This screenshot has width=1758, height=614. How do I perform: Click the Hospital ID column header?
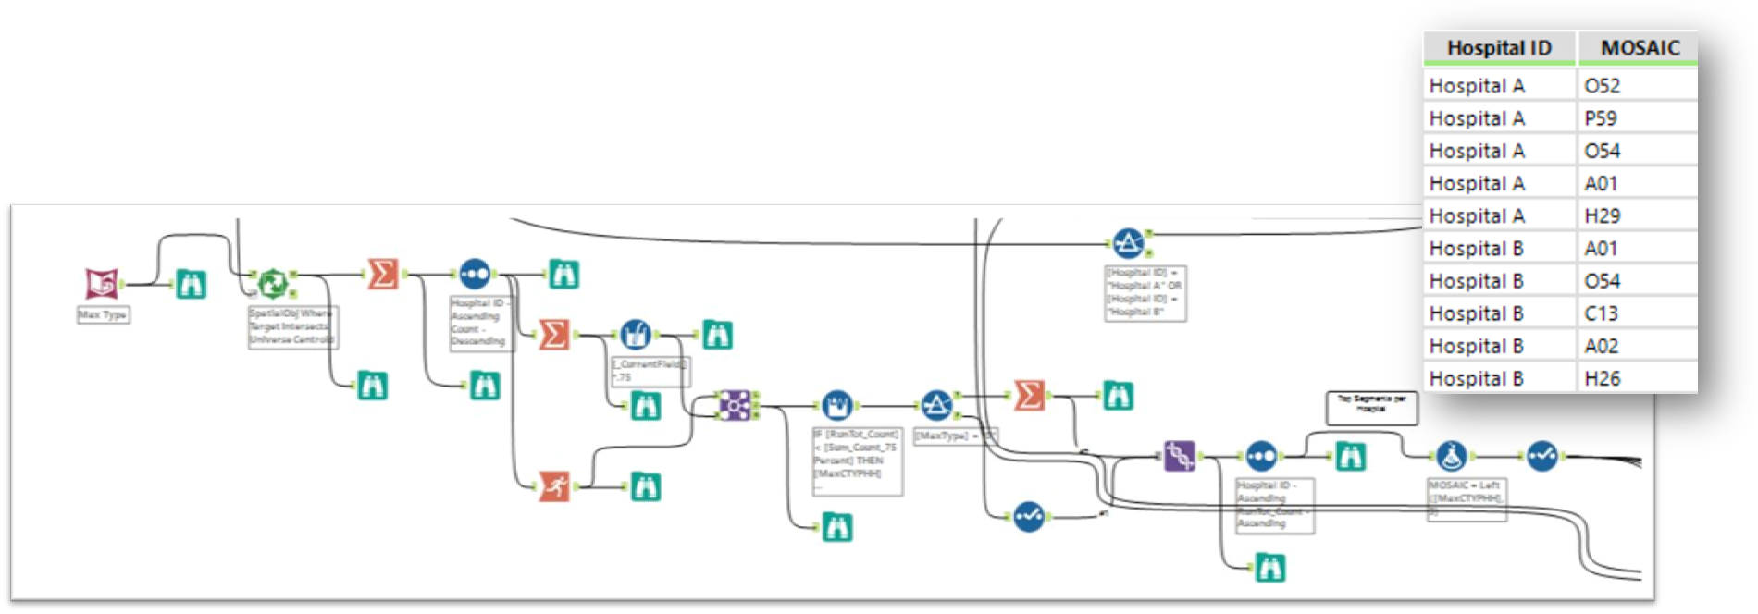[x=1499, y=48]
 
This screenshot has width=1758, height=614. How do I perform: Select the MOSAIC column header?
[x=1640, y=48]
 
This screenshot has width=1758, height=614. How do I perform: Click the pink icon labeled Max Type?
[x=102, y=284]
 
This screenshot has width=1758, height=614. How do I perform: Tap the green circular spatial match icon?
[x=272, y=284]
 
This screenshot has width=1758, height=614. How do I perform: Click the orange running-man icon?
[x=554, y=485]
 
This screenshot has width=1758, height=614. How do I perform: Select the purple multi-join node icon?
[x=735, y=405]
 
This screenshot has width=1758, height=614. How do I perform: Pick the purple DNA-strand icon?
[x=1179, y=456]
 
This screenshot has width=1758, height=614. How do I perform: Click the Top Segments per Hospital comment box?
[x=1371, y=408]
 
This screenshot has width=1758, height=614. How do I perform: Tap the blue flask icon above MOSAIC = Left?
[x=1450, y=456]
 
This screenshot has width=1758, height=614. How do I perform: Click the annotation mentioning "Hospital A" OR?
[x=1145, y=293]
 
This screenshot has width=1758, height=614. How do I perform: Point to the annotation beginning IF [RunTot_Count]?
[x=856, y=460]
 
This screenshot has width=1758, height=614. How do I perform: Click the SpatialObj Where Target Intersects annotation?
[x=292, y=326]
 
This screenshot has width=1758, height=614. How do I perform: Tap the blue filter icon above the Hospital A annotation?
[x=1126, y=243]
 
